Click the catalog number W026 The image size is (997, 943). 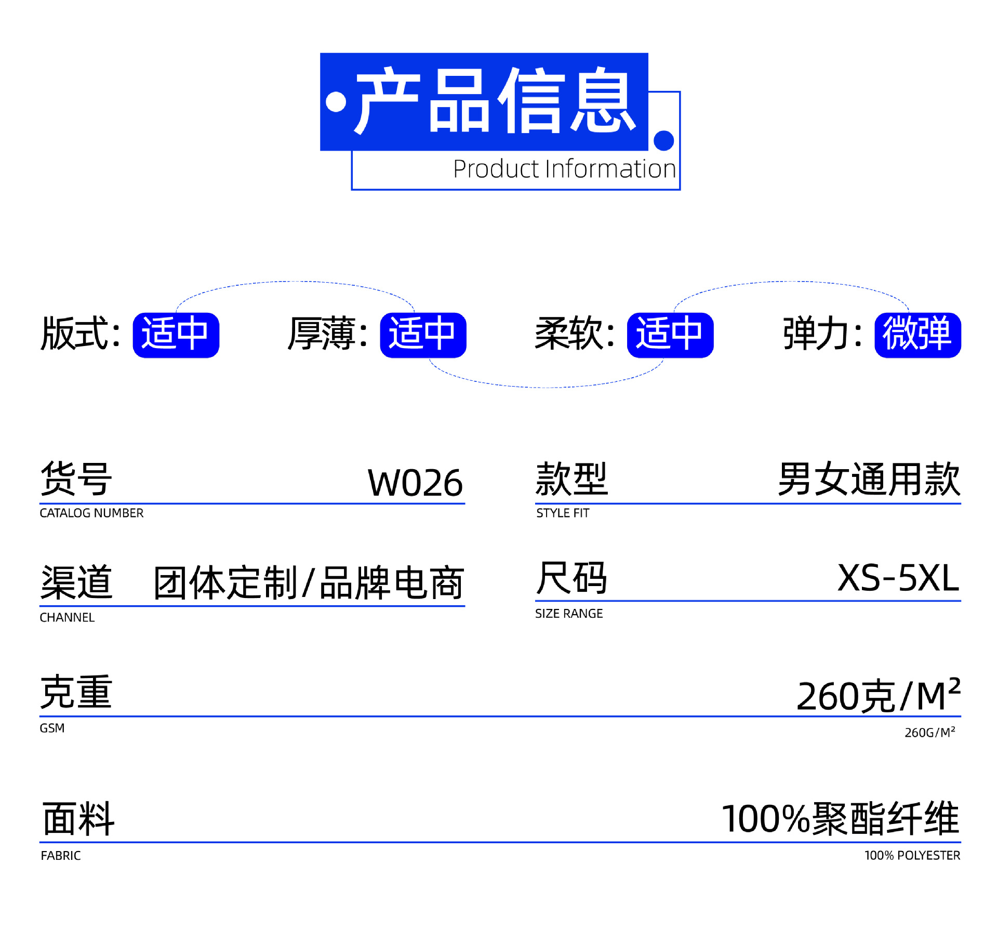click(x=415, y=483)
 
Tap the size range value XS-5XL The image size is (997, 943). click(x=898, y=578)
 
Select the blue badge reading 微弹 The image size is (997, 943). click(x=917, y=335)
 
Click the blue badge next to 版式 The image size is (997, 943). click(x=176, y=335)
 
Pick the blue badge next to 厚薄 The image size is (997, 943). click(x=423, y=335)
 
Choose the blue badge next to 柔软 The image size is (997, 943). click(x=670, y=335)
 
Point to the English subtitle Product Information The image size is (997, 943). click(x=564, y=169)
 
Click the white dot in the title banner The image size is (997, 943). click(x=336, y=102)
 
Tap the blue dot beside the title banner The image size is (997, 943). click(x=663, y=140)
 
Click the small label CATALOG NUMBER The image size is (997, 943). click(x=91, y=513)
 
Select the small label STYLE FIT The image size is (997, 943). click(x=563, y=513)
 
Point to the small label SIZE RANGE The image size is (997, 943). click(x=569, y=614)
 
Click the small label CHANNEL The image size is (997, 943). click(x=67, y=618)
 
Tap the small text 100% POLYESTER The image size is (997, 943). click(x=912, y=856)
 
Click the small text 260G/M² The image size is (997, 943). click(x=929, y=733)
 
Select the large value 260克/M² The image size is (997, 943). click(x=878, y=696)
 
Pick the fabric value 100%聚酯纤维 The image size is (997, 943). click(x=840, y=819)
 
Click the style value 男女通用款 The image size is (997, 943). click(x=869, y=479)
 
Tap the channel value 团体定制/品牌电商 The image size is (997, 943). click(x=309, y=583)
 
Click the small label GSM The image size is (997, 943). click(x=52, y=728)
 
